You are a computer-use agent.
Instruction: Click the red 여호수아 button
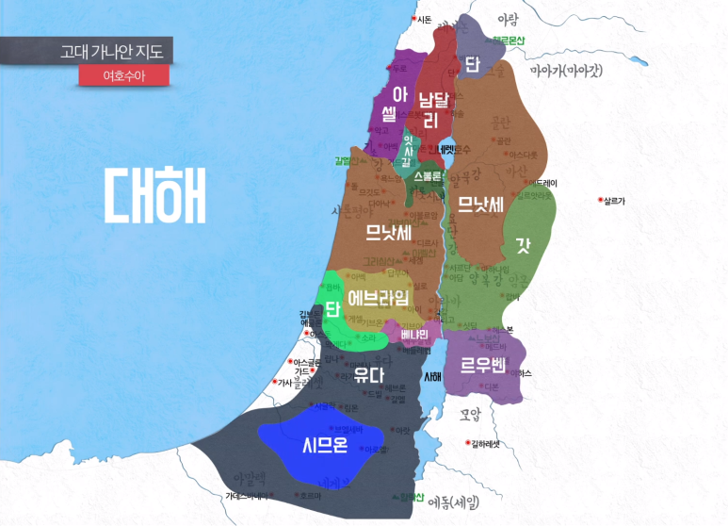[123, 75]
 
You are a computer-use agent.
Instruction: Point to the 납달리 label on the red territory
[433, 108]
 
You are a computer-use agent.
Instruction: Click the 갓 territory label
[523, 245]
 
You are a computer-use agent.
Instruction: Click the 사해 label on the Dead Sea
[432, 376]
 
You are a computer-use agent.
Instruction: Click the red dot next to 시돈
[414, 19]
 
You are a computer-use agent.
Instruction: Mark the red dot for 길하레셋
[468, 443]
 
